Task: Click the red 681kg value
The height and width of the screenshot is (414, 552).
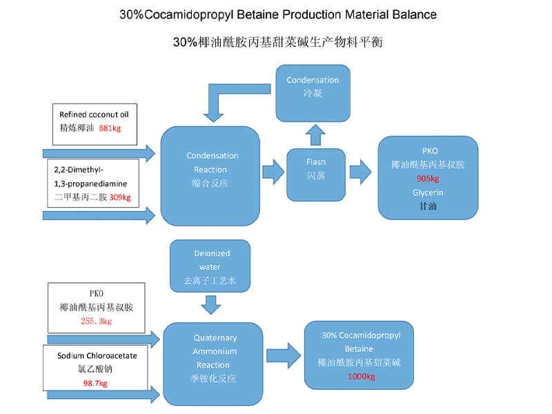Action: click(110, 128)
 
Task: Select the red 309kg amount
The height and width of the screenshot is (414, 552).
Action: click(120, 197)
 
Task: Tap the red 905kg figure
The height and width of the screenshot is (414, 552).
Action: click(428, 179)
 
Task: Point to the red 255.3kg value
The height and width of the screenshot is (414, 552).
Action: click(96, 321)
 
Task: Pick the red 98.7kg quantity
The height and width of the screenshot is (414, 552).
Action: click(95, 383)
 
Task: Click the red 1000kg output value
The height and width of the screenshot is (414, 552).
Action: click(361, 376)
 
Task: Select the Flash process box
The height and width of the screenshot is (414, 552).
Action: click(316, 175)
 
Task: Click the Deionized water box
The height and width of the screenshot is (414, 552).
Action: click(210, 266)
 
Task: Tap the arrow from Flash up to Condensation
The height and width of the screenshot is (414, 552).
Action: click(315, 135)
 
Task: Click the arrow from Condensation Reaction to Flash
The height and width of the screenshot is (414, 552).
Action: click(273, 172)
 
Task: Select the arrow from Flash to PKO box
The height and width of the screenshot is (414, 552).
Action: click(360, 172)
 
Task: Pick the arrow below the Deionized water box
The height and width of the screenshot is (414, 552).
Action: click(211, 305)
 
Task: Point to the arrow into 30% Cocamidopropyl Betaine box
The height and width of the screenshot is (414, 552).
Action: click(284, 355)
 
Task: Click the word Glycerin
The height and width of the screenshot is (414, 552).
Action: click(428, 193)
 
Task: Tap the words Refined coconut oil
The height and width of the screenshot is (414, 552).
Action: click(94, 115)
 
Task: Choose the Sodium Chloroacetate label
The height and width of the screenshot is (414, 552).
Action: click(97, 355)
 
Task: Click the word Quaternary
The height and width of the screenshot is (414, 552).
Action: click(215, 338)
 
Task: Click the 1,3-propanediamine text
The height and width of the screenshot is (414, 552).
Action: click(90, 184)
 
